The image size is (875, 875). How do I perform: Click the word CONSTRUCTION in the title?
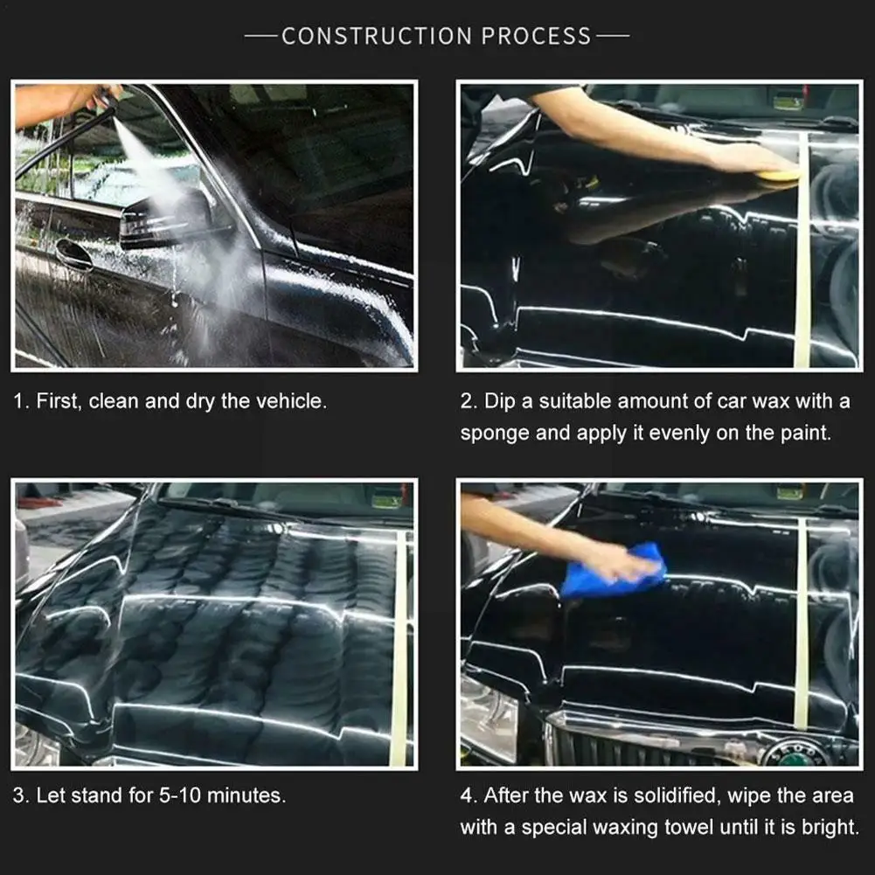click(378, 36)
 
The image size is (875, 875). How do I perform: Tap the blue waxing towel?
click(614, 572)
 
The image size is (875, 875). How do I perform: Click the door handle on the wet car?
click(73, 254)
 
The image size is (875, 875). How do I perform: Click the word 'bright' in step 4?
click(830, 827)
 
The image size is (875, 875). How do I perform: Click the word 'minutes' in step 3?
click(251, 795)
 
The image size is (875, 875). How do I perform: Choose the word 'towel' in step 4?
click(683, 827)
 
